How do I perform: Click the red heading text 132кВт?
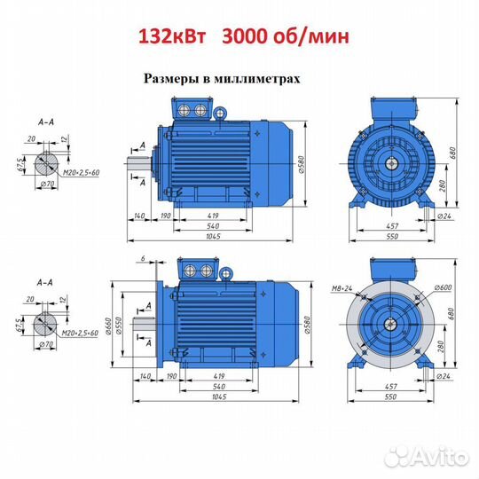click(172, 36)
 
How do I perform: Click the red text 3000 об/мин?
click(286, 37)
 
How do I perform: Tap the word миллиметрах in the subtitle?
click(257, 79)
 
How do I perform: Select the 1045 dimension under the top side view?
click(213, 236)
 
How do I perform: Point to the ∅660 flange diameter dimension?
click(109, 326)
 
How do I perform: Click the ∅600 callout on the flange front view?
click(443, 287)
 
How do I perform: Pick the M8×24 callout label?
click(342, 288)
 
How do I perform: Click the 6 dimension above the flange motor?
click(143, 258)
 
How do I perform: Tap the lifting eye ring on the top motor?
click(220, 114)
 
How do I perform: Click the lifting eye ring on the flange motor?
click(226, 273)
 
